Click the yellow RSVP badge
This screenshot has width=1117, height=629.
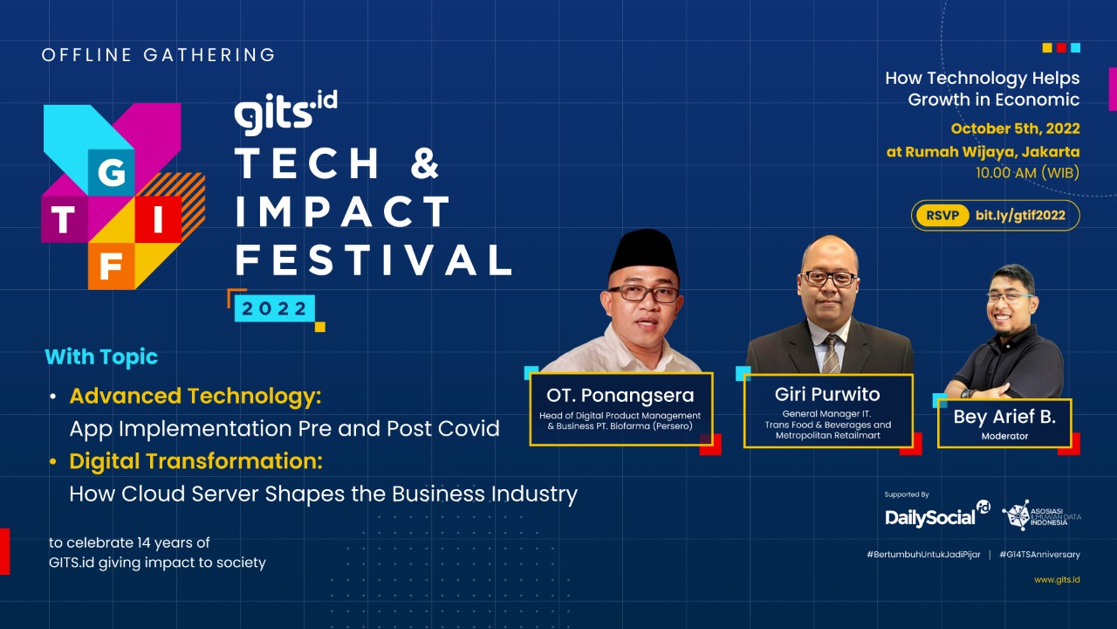(942, 216)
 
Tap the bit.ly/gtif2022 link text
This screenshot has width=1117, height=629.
(1020, 216)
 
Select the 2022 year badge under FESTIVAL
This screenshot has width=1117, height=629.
(274, 308)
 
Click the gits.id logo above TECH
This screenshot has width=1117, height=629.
(285, 113)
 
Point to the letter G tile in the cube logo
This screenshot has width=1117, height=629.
(111, 172)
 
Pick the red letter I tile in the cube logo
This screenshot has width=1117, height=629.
(158, 219)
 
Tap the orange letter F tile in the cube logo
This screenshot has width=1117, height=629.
(111, 266)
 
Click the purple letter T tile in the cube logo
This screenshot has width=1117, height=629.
(65, 219)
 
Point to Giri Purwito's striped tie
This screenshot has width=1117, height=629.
(832, 354)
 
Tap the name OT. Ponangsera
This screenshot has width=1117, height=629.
(620, 396)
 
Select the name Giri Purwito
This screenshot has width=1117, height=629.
(826, 394)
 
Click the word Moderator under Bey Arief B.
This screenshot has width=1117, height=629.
(1004, 436)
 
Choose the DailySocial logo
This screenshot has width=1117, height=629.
(937, 515)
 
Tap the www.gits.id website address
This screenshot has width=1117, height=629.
(1057, 580)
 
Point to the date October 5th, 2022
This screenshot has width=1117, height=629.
(1015, 128)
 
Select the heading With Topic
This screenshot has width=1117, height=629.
(101, 357)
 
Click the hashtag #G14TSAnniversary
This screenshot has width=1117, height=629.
(1039, 555)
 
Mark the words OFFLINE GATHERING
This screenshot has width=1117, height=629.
(159, 55)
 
